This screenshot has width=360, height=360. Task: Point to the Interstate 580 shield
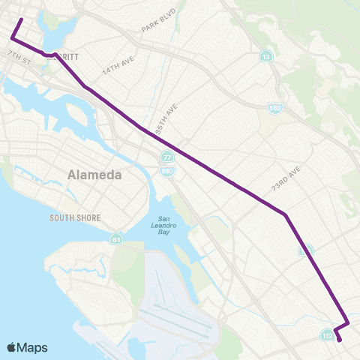tap(275, 109)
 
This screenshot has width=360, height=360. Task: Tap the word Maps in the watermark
tap(34, 347)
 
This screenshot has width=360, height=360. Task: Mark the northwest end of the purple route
tap(21, 19)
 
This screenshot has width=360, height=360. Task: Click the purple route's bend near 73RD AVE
tap(286, 215)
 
